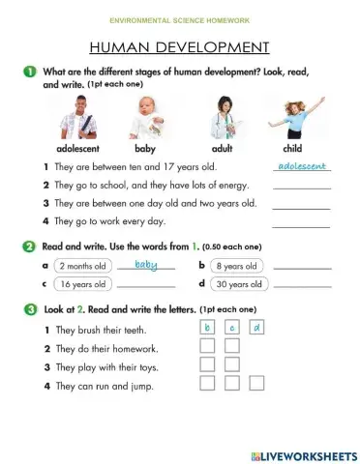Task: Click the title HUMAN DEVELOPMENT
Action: [179, 46]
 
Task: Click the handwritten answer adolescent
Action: [301, 167]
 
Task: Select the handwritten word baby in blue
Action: [146, 264]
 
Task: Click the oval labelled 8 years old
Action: [237, 266]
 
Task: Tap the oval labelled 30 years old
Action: [237, 284]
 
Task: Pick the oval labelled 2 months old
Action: [81, 266]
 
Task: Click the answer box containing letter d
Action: [256, 329]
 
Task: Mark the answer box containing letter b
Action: [207, 329]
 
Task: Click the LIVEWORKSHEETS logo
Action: [303, 454]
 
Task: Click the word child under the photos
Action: [291, 149]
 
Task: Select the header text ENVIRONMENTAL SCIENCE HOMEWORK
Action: [180, 19]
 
